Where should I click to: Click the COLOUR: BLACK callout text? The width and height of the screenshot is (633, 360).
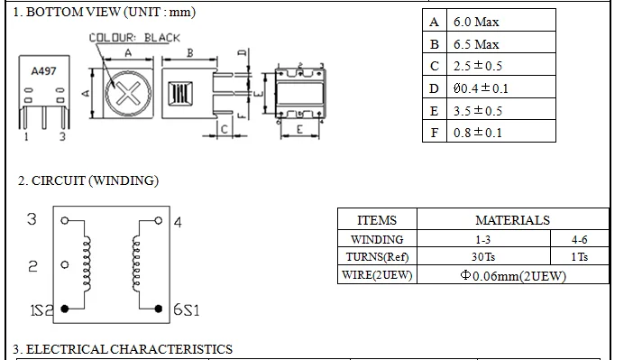point(134,38)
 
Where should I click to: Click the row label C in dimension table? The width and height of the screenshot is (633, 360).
point(435,66)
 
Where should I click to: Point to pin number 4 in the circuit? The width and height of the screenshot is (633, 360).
point(178,221)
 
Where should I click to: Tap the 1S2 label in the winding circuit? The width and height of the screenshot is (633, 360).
point(42,309)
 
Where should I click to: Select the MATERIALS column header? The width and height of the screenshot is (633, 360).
point(512,220)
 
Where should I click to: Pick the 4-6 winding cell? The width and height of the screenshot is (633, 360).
point(580,240)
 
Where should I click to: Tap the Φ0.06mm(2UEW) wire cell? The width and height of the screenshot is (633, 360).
point(512,275)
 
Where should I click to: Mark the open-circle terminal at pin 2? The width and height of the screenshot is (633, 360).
point(64,265)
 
